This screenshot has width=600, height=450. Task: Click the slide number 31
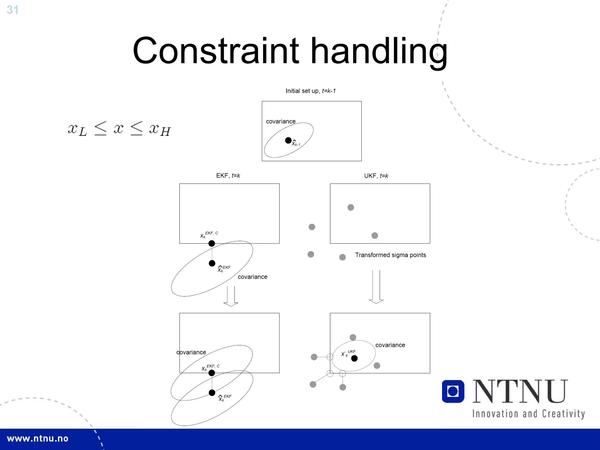(13, 10)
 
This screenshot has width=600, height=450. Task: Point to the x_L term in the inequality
(77, 129)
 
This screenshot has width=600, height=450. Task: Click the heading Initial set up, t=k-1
(311, 91)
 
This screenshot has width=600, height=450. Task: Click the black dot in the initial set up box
(288, 141)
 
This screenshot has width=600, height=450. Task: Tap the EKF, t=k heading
(228, 176)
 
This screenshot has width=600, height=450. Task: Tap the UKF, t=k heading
(376, 176)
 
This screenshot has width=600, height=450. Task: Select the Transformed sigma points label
(391, 255)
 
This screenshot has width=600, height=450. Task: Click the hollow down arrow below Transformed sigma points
(376, 287)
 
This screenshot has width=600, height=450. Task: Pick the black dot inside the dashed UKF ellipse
(354, 358)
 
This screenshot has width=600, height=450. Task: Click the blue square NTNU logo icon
(453, 391)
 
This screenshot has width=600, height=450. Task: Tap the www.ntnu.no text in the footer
(37, 439)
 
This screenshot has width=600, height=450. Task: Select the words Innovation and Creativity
(529, 414)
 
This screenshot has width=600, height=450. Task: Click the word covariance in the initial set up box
(281, 122)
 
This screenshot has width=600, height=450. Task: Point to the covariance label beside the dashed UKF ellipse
(390, 345)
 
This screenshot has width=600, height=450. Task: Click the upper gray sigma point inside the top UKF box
(351, 208)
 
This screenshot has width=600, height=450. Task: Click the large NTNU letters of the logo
(520, 391)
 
